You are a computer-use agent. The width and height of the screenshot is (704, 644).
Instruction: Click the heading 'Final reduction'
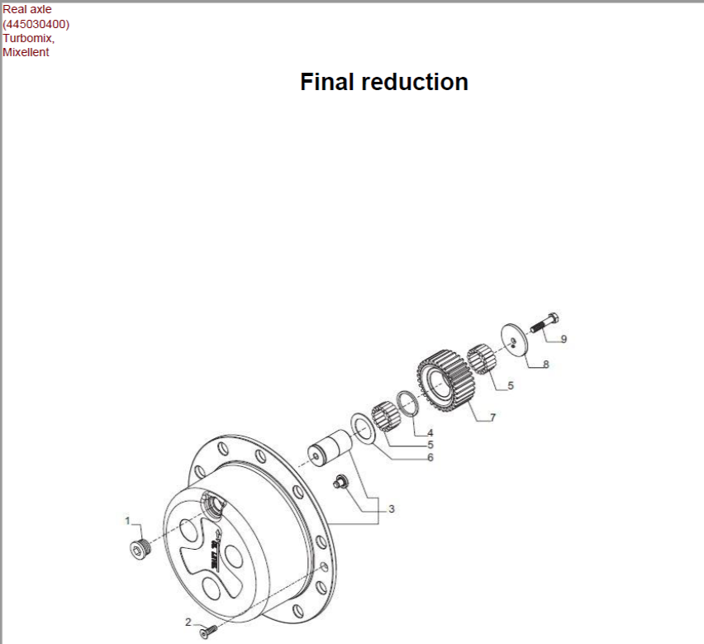(x=384, y=82)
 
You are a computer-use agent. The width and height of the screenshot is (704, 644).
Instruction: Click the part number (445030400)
(x=36, y=24)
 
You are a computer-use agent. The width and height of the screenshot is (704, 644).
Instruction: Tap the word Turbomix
(x=28, y=38)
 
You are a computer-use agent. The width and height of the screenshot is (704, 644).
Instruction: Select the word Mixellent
(x=26, y=52)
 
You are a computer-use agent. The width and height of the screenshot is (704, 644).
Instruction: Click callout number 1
(x=127, y=521)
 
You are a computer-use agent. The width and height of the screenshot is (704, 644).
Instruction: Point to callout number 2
(x=188, y=622)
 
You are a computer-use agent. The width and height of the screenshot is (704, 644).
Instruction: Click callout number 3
(x=392, y=508)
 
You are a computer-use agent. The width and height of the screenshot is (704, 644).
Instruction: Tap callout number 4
(x=430, y=433)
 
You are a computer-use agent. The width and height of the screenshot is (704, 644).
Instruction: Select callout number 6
(x=430, y=458)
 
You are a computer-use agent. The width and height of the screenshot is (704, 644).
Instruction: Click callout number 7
(x=492, y=417)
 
